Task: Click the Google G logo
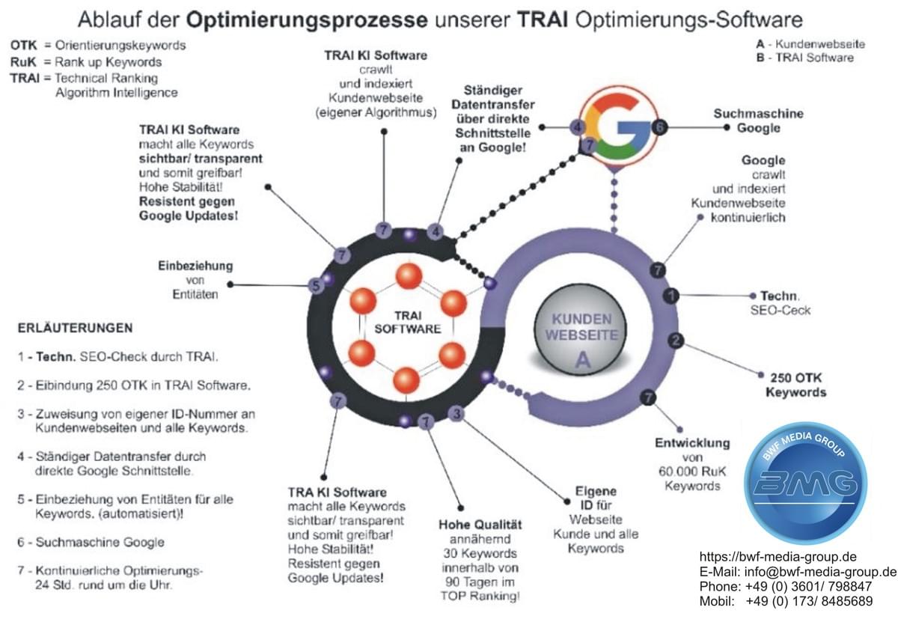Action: [618, 127]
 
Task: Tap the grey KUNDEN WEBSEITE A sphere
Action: [581, 329]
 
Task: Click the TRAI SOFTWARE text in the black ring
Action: [407, 322]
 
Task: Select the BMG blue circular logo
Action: [805, 483]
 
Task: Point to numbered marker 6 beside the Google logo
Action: [659, 127]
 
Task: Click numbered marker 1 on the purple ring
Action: [671, 296]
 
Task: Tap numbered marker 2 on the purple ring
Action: [676, 341]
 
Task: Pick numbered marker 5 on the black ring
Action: [317, 286]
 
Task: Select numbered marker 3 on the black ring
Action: [456, 414]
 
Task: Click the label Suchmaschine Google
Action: [758, 121]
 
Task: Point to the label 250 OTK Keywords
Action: [795, 385]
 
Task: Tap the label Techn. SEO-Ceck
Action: [780, 303]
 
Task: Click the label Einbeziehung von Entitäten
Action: [195, 280]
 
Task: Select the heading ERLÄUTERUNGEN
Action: [75, 328]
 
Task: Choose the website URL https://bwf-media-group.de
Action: [778, 557]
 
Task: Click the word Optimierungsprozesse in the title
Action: [307, 20]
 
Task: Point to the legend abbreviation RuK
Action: [23, 62]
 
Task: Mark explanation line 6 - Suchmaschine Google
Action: [91, 542]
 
